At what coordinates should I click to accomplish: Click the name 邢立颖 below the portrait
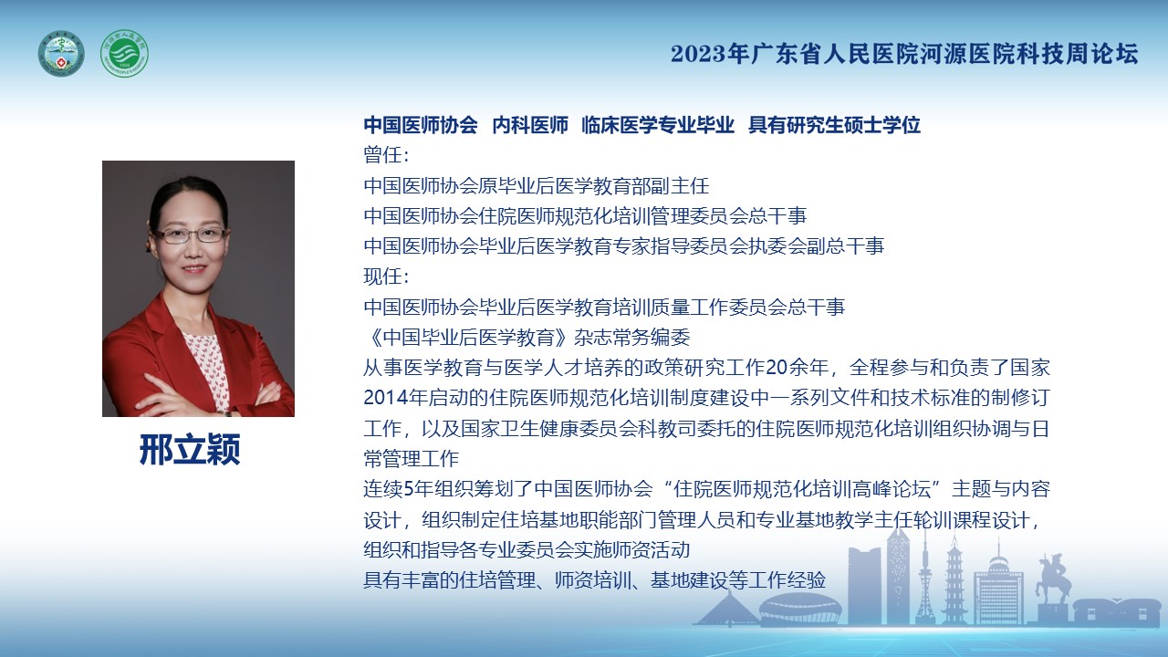190,449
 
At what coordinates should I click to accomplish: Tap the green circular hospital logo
124,53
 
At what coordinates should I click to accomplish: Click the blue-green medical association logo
61,53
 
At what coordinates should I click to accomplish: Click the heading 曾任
386,155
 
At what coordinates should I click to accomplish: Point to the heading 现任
386,276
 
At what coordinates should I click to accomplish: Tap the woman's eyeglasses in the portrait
191,235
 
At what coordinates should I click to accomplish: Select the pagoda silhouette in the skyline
954,579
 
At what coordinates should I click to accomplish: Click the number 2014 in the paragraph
385,398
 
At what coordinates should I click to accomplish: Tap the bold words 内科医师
530,125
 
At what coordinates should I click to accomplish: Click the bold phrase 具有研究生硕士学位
834,125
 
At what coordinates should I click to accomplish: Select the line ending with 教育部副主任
536,185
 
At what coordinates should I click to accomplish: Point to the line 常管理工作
411,459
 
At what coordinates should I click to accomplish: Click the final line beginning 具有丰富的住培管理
594,580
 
